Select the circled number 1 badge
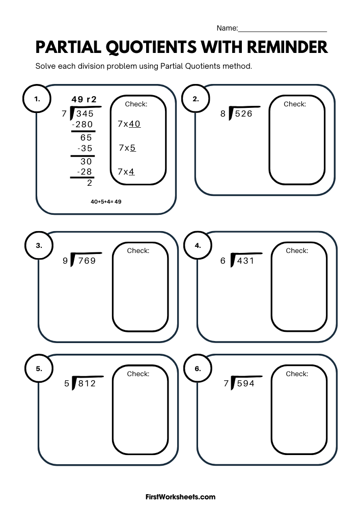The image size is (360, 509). tap(37, 100)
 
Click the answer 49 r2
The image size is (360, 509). tap(84, 99)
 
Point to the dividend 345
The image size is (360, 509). tap(85, 114)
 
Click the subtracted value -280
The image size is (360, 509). tap(82, 124)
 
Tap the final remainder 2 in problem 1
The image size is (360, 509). tap(90, 183)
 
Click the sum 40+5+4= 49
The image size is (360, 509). tap(106, 202)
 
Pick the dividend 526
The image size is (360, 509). tap(243, 114)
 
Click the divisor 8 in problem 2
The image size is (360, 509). tap(223, 114)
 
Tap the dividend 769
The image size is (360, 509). tap(86, 261)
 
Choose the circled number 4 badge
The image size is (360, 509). tap(198, 245)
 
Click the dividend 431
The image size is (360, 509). tap(244, 261)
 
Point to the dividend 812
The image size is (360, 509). tap(87, 383)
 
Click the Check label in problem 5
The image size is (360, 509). tap(138, 374)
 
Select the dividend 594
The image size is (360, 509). tap(245, 383)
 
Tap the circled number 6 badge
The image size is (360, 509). tap(198, 369)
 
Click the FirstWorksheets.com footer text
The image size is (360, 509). tap(180, 497)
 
